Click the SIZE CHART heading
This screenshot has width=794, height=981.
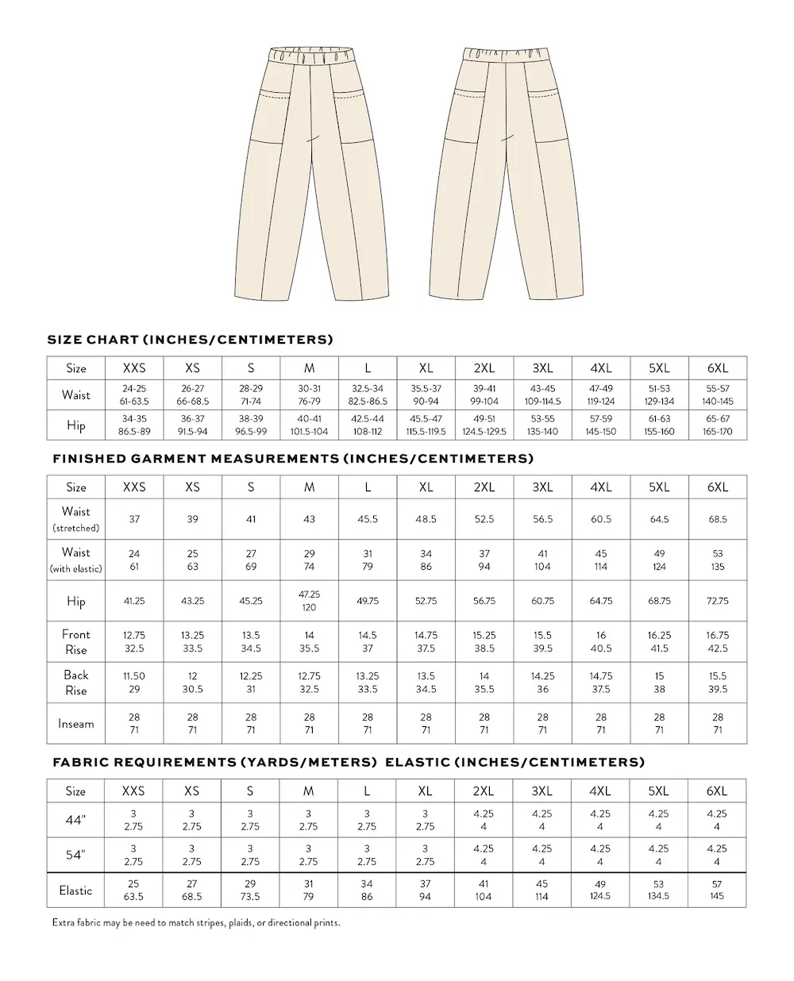point(190,340)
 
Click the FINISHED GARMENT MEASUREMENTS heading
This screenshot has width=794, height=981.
point(293,459)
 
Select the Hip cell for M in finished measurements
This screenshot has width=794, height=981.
point(309,601)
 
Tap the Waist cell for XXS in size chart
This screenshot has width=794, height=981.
point(134,394)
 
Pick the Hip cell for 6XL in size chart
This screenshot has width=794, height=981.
point(717,425)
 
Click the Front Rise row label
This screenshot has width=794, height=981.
point(76,641)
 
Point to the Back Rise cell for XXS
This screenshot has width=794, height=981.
point(134,683)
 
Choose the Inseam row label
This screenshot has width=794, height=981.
point(76,724)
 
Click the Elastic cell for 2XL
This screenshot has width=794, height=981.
point(484,890)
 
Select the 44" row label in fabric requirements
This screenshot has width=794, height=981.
point(76,820)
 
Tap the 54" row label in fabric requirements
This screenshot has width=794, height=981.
point(76,855)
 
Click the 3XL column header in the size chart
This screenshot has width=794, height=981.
point(542,368)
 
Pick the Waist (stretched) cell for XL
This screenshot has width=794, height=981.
point(426,519)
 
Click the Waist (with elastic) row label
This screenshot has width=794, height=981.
point(76,560)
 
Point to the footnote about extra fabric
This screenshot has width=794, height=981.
point(196,923)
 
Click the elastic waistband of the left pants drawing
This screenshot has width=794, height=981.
point(310,56)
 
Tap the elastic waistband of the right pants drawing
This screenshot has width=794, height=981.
point(504,56)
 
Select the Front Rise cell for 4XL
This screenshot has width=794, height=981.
point(601,641)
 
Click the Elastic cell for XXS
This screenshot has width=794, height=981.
point(134,890)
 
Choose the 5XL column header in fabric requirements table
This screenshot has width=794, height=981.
point(659,791)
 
